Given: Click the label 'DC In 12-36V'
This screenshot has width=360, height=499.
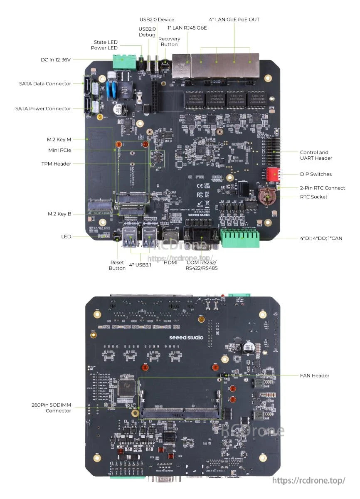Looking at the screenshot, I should pyautogui.click(x=56, y=60).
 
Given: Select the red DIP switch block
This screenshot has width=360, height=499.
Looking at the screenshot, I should pyautogui.click(x=271, y=174).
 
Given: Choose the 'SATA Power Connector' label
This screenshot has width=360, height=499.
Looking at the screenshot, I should pyautogui.click(x=43, y=109).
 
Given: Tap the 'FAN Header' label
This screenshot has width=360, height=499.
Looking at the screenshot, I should pyautogui.click(x=314, y=375).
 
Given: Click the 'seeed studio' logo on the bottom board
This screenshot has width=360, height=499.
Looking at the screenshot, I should pyautogui.click(x=186, y=337).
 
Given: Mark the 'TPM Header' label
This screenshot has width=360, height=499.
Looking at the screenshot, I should pyautogui.click(x=56, y=164).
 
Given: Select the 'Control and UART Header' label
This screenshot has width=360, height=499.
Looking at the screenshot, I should pyautogui.click(x=316, y=155).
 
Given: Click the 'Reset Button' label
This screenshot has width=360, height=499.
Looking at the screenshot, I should pyautogui.click(x=117, y=265).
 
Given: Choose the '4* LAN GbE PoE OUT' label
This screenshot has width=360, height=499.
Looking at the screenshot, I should pyautogui.click(x=234, y=20).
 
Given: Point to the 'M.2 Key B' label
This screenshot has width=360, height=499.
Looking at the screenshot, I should pyautogui.click(x=59, y=214).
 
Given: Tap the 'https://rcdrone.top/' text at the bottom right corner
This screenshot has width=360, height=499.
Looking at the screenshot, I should pyautogui.click(x=308, y=481).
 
